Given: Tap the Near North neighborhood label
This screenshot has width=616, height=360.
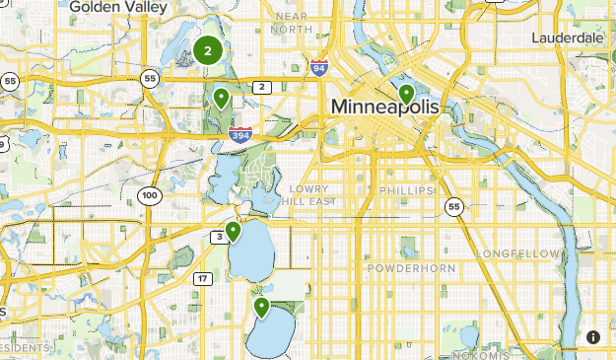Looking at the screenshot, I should pos(292,23).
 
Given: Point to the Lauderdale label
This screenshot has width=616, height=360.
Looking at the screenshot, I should pos(567,37).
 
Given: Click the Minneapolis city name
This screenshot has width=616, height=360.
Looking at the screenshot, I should pos(383,106).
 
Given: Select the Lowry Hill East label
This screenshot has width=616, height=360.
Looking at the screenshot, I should pos(313,194).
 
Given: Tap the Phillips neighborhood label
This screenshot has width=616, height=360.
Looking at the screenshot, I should pos(405,190).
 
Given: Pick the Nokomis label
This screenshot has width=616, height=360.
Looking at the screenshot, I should pos(484,354).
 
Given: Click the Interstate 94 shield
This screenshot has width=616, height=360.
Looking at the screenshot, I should pos(317,68).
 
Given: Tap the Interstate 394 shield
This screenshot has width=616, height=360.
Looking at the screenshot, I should pos(240,134).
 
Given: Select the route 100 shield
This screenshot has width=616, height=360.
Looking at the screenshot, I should pos(149,195).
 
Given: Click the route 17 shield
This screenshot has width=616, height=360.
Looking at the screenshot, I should pos(202,279).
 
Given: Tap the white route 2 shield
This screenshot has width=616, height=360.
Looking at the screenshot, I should pos(261,88).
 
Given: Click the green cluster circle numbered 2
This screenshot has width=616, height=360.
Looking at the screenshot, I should pos(208,51).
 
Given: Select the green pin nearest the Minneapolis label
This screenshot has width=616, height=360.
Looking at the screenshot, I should pos(406,95).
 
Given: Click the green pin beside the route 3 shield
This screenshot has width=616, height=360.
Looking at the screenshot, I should pos(234,232).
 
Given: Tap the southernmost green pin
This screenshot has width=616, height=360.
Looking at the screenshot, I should pos(262,308).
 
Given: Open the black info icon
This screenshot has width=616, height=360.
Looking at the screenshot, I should pos(592,337).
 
